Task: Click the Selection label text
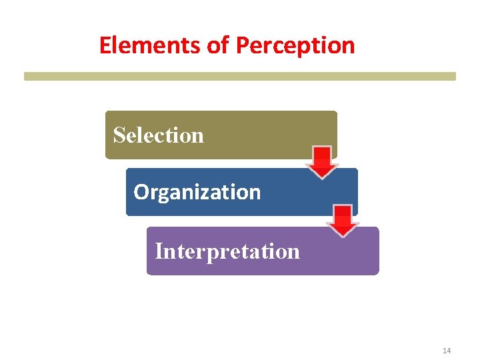coord(158,135)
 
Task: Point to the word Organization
coord(197,193)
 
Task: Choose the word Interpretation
coord(227,252)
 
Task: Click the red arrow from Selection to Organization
coord(322,162)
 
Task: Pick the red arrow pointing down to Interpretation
coord(343,221)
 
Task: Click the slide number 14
coord(447,351)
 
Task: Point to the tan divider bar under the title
coord(240,77)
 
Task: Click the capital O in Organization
coord(140,192)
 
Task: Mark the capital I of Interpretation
coord(158,251)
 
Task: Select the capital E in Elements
coord(105,45)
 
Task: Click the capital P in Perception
coord(242,45)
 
